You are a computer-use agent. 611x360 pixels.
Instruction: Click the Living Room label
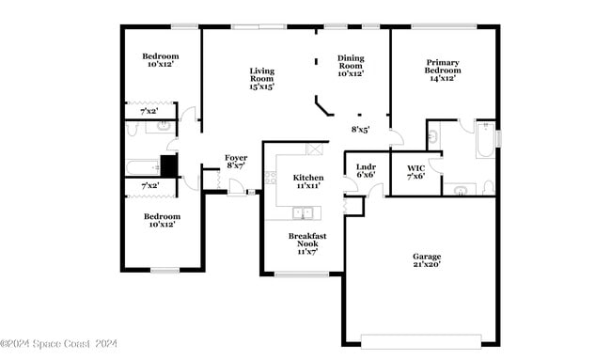pos(261,78)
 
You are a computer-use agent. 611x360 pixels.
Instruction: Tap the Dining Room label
pos(351,65)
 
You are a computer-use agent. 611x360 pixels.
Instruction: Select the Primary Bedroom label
pos(442,70)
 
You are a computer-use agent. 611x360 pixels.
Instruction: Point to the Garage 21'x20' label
pos(427,259)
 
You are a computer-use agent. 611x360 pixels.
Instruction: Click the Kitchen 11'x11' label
pos(308,181)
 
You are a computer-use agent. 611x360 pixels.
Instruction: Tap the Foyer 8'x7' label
pos(236,161)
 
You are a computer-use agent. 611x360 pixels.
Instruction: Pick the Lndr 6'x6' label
pos(366,171)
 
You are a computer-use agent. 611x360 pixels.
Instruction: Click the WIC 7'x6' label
pos(415,171)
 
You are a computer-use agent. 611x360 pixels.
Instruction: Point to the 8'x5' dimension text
pos(360,130)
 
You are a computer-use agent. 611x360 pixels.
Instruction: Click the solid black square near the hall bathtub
pos(168,166)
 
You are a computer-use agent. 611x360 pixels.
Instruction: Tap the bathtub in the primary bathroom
pos(485,139)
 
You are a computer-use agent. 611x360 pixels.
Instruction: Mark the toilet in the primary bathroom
pos(489,188)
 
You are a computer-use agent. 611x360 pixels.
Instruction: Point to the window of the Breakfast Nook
pos(302,274)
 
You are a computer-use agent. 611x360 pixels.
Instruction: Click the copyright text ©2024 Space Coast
pos(58,344)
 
